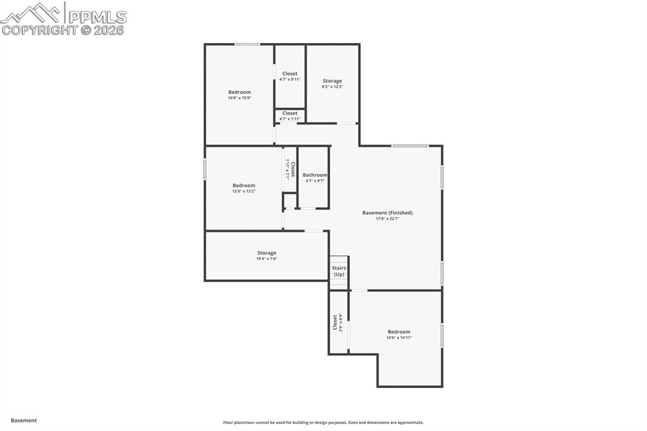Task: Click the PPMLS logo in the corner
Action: [x=63, y=18]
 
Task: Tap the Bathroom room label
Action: [x=315, y=175]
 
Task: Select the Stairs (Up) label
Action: [x=339, y=271]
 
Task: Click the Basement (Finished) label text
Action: [x=387, y=213]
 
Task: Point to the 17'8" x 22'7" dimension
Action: [x=387, y=219]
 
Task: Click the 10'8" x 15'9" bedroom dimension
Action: [x=239, y=98]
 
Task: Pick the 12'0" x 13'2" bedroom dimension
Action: [x=244, y=191]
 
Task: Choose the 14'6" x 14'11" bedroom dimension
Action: [x=399, y=337]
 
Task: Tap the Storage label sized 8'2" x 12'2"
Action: [x=332, y=81]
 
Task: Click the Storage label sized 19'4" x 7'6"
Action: [x=267, y=253]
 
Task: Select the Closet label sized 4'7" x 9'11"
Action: [x=290, y=74]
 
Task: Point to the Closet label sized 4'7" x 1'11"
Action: [x=290, y=113]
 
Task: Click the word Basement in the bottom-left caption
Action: [x=24, y=420]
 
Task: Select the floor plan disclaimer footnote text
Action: [x=323, y=423]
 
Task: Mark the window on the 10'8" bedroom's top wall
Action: [x=247, y=44]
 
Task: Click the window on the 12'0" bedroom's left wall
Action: [x=205, y=169]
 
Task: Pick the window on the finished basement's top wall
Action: [x=409, y=146]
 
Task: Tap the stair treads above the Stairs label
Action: [x=339, y=260]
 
